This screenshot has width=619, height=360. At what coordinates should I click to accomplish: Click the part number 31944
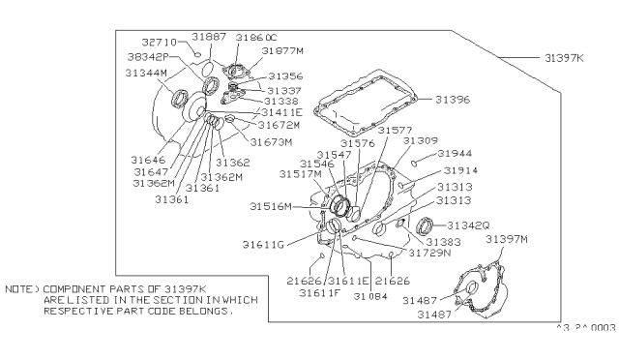click(x=455, y=154)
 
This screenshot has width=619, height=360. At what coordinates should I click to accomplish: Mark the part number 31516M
click(x=271, y=205)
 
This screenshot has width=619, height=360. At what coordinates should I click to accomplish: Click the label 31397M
click(x=507, y=238)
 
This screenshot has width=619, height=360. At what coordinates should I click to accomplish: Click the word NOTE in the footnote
click(x=18, y=289)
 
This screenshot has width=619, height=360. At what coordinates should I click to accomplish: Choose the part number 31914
click(x=456, y=169)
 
